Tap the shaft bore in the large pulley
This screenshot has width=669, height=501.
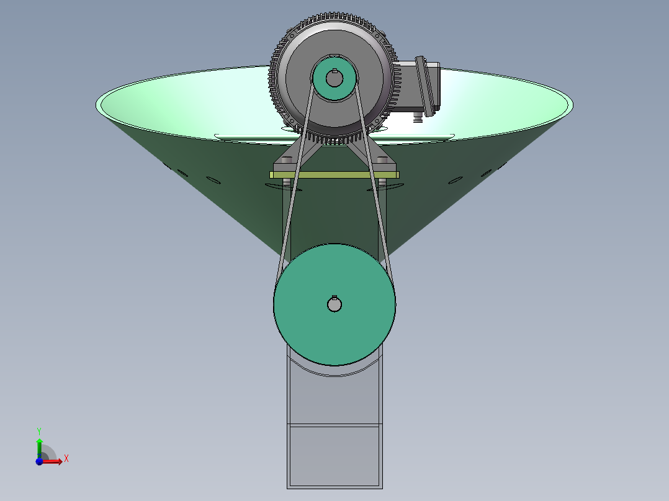[334, 304]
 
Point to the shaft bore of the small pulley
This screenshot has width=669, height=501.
[334, 79]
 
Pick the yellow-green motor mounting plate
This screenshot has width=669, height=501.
[334, 175]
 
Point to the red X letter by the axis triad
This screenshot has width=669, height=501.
[66, 459]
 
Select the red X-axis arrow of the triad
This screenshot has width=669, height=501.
[53, 461]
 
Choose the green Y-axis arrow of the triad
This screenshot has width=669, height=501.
[39, 446]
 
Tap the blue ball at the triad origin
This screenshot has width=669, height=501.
[39, 461]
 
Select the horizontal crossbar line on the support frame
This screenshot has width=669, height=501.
[334, 425]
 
